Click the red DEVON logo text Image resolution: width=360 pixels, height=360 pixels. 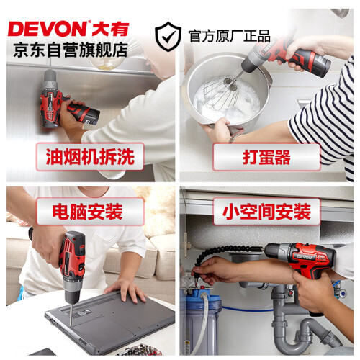[x=48, y=29]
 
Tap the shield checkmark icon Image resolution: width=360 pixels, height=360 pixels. [x=168, y=37]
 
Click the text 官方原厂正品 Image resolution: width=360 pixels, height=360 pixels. [x=229, y=37]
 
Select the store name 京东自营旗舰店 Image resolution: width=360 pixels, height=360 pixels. [x=71, y=50]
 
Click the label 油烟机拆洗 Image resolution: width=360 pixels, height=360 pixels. [x=90, y=157]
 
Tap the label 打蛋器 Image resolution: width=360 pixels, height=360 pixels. [x=266, y=157]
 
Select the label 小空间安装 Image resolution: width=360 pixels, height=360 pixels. [x=266, y=212]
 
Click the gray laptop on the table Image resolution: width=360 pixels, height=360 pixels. [x=110, y=323]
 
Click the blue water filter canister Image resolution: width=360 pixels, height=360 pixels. [x=200, y=322]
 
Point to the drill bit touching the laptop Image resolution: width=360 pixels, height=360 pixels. [x=71, y=314]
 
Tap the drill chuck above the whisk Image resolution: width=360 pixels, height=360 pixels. [x=251, y=63]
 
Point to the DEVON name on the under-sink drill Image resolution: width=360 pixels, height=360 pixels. [x=305, y=257]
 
